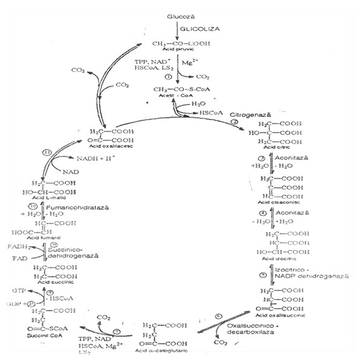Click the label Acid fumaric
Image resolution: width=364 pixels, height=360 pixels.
click(45, 238)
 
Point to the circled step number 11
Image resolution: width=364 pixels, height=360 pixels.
click(48, 152)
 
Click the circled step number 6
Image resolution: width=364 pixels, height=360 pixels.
click(220, 316)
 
